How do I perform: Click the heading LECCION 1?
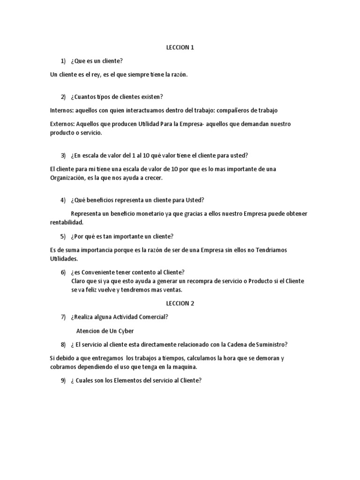click(180, 47)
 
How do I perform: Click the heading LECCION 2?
click(180, 303)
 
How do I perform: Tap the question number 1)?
click(63, 61)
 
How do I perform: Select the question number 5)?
click(63, 236)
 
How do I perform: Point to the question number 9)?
click(63, 381)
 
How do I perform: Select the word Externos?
click(62, 124)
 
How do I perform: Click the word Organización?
click(67, 178)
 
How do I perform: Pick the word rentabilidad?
click(66, 223)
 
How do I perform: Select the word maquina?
click(185, 367)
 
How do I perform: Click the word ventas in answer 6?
click(171, 290)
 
